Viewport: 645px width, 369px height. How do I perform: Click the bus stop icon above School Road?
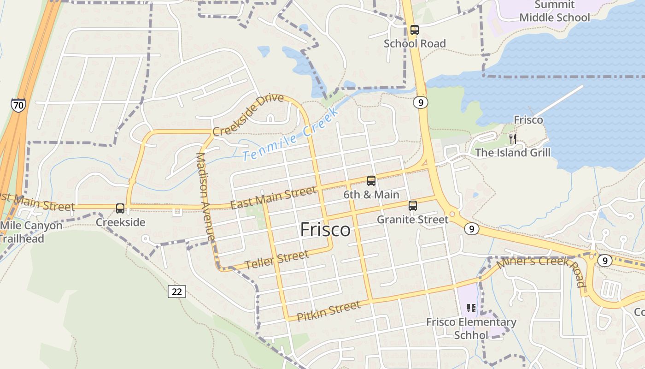415,30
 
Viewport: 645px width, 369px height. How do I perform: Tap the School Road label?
415,43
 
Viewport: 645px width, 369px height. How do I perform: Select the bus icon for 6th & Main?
371,181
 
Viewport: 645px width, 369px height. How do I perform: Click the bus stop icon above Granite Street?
413,206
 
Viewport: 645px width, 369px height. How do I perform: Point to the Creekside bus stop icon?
120,208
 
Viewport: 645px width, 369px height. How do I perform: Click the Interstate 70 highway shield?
18,105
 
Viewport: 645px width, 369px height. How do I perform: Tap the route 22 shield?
177,291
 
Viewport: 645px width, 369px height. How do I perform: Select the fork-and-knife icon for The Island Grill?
512,138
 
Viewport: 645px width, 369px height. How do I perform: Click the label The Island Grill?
512,152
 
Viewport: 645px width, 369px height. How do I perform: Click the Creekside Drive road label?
248,114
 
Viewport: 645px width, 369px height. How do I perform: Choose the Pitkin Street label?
328,311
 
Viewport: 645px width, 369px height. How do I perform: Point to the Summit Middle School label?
555,12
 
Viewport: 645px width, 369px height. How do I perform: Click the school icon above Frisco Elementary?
471,308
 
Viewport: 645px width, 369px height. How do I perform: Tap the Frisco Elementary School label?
471,328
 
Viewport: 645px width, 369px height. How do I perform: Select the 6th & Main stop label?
371,195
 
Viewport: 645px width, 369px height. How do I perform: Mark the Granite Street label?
412,220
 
